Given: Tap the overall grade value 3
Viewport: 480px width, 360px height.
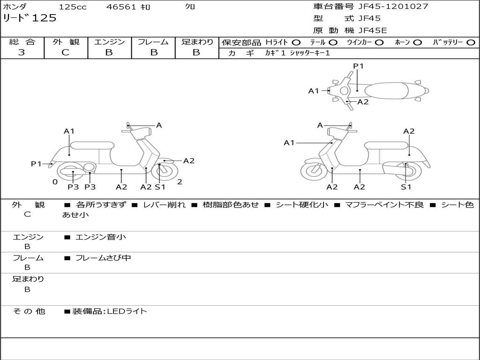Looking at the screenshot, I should (22, 52).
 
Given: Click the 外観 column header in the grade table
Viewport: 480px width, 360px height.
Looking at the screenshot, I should (66, 42).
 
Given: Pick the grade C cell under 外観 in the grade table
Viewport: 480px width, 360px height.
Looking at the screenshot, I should (66, 52).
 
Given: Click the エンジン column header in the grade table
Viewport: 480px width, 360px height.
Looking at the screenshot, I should (109, 42).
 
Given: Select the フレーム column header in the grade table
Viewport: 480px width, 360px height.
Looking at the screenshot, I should (153, 42).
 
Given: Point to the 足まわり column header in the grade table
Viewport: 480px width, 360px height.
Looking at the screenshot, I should (197, 42).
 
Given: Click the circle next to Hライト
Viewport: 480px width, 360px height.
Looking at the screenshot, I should (296, 43).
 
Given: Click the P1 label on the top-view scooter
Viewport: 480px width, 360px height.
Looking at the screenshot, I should (359, 66).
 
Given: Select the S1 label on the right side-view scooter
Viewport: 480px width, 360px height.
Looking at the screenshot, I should (406, 187).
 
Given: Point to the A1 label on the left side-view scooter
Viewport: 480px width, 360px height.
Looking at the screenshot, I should (69, 131).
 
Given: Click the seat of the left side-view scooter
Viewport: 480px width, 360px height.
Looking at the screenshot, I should (91, 145).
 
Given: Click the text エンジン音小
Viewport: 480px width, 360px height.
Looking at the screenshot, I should (100, 237).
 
